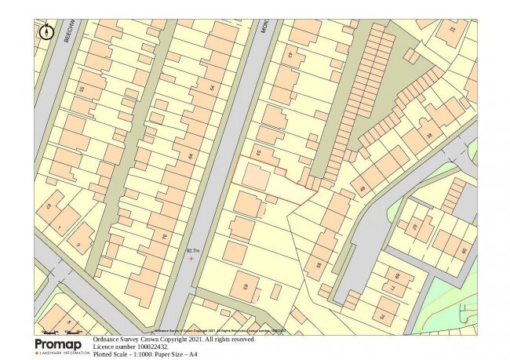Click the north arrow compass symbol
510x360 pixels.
(45, 32)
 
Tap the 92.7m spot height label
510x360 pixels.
(192, 251)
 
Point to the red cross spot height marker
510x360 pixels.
(191, 258)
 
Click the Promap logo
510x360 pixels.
(60, 346)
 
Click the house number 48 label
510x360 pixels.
(362, 190)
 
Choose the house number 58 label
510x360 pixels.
(319, 265)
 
